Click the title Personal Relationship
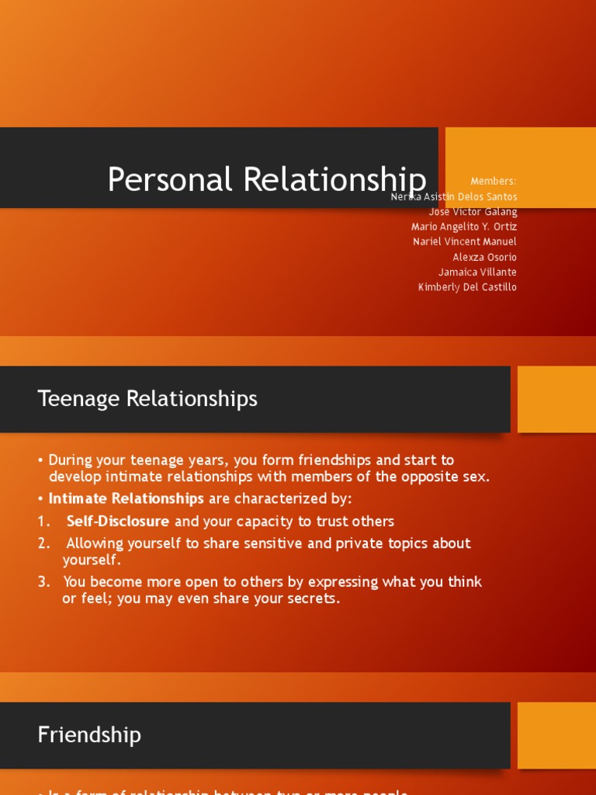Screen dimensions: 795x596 266,179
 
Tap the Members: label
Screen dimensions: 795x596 494,182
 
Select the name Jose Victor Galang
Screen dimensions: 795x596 473,212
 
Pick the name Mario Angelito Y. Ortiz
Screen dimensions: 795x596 464,227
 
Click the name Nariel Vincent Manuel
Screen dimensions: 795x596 465,241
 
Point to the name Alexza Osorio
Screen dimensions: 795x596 484,257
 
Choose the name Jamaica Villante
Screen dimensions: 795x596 477,272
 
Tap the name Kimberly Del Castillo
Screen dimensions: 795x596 467,287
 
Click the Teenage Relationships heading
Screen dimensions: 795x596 147,399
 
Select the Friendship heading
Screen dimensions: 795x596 89,734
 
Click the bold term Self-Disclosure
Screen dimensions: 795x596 118,522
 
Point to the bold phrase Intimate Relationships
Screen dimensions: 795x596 126,498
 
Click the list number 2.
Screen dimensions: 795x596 43,543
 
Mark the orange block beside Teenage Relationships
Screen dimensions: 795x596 556,399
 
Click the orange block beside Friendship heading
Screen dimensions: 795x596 556,734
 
